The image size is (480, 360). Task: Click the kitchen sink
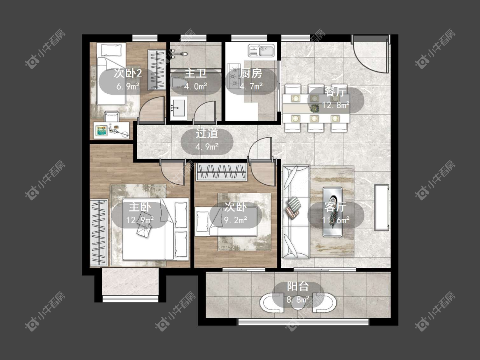tap(262, 50)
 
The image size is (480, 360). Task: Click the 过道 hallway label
tap(207, 134)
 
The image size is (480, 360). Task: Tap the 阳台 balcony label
tap(298, 287)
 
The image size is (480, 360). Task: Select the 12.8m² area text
tap(335, 105)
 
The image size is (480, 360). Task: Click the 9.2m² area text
tap(236, 220)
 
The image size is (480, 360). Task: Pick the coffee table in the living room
tap(332, 212)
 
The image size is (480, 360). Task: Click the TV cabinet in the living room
tap(381, 207)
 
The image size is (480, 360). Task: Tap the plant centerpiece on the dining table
tap(314, 108)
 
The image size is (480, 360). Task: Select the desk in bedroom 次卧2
tap(111, 131)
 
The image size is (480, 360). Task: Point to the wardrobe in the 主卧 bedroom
tap(99, 232)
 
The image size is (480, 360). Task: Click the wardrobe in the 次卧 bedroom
tap(221, 172)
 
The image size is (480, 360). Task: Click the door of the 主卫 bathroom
tap(207, 112)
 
